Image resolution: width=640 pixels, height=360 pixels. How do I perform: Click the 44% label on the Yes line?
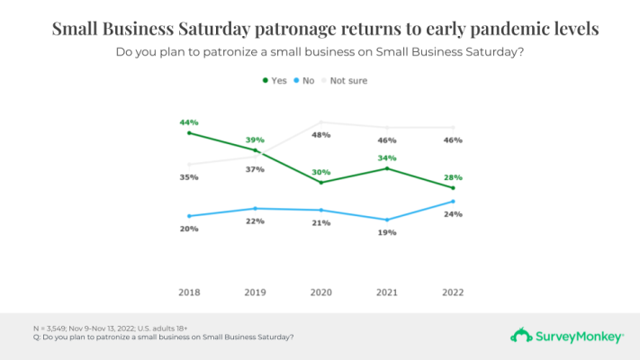click(x=189, y=121)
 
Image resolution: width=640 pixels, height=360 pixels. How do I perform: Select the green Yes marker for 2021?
click(x=387, y=168)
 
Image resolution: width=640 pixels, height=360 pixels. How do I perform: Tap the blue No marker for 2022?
click(x=453, y=202)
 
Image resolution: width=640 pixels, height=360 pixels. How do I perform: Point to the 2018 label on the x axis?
click(x=189, y=293)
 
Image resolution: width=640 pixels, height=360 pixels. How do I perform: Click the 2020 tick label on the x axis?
click(x=321, y=293)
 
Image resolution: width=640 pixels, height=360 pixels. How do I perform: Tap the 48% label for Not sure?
click(x=321, y=135)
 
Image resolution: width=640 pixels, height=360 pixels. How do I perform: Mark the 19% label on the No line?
click(x=387, y=232)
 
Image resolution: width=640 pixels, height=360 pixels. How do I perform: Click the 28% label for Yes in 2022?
click(x=453, y=177)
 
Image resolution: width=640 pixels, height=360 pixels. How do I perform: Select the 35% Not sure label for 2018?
click(x=189, y=177)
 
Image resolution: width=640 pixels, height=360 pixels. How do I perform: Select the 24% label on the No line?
click(x=453, y=214)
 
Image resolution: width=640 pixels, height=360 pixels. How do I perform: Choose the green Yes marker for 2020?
click(x=321, y=183)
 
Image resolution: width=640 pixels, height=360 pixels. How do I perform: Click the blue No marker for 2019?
click(x=256, y=208)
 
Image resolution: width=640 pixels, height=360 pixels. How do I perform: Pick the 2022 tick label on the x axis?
click(x=453, y=293)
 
